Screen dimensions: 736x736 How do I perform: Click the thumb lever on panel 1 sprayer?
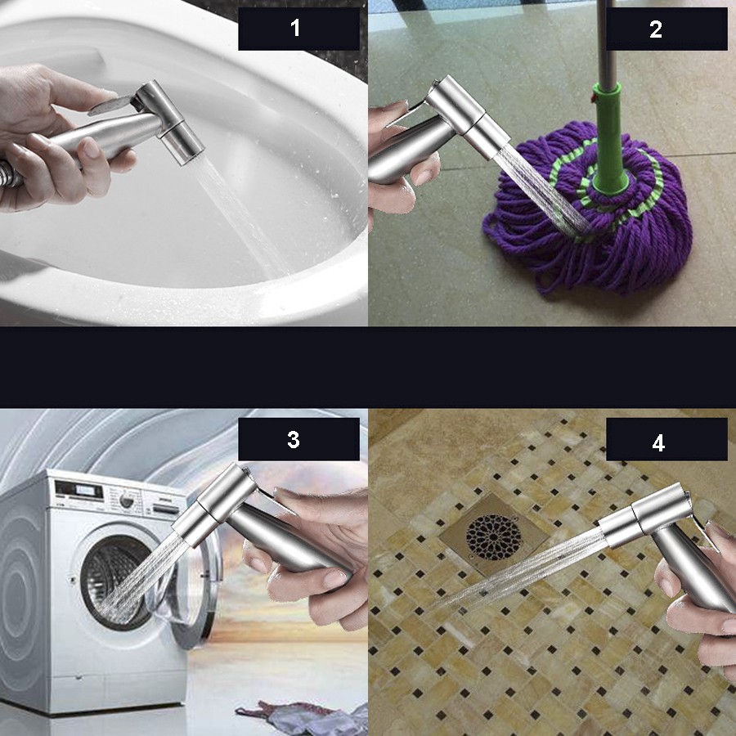click(111, 103)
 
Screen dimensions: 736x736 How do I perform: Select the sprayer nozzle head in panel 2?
click(482, 129)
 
